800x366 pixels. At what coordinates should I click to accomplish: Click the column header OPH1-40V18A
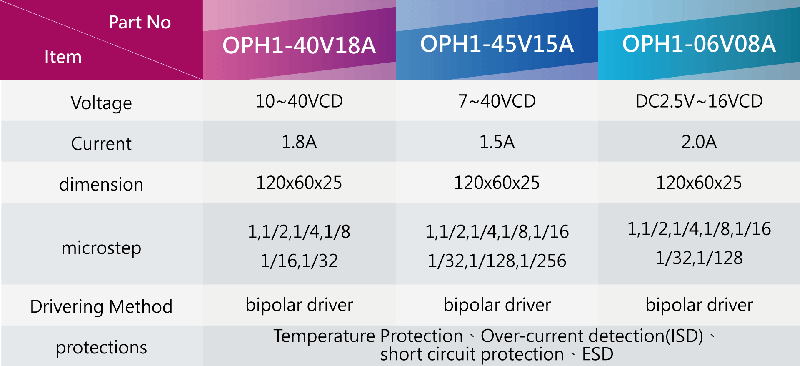pyautogui.click(x=299, y=45)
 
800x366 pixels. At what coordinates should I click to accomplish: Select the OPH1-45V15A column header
pyautogui.click(x=497, y=44)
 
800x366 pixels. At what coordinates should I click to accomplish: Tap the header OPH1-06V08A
pyautogui.click(x=699, y=44)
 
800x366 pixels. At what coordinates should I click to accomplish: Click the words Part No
pyautogui.click(x=140, y=22)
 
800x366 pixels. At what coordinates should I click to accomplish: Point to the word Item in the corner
pyautogui.click(x=63, y=57)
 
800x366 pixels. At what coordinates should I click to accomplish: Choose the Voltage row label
pyautogui.click(x=101, y=103)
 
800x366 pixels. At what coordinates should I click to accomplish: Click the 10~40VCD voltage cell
pyautogui.click(x=299, y=101)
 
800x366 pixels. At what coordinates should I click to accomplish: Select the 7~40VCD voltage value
pyautogui.click(x=497, y=101)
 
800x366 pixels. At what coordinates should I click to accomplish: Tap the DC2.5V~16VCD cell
pyautogui.click(x=699, y=101)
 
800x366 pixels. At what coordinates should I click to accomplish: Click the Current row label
pyautogui.click(x=101, y=144)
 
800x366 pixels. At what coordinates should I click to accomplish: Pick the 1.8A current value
pyautogui.click(x=299, y=142)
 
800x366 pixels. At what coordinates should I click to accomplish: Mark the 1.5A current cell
pyautogui.click(x=497, y=142)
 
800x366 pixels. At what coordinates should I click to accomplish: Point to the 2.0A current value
pyautogui.click(x=699, y=142)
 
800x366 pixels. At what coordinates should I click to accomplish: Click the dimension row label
pyautogui.click(x=101, y=184)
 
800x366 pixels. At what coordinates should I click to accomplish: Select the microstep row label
pyautogui.click(x=101, y=248)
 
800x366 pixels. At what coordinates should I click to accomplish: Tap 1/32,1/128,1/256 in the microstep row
pyautogui.click(x=497, y=261)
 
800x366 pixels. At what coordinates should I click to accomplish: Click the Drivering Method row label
pyautogui.click(x=101, y=307)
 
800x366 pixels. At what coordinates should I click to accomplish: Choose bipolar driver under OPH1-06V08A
pyautogui.click(x=699, y=305)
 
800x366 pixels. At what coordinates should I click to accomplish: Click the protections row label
pyautogui.click(x=101, y=348)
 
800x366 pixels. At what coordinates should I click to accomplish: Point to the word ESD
pyautogui.click(x=597, y=354)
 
